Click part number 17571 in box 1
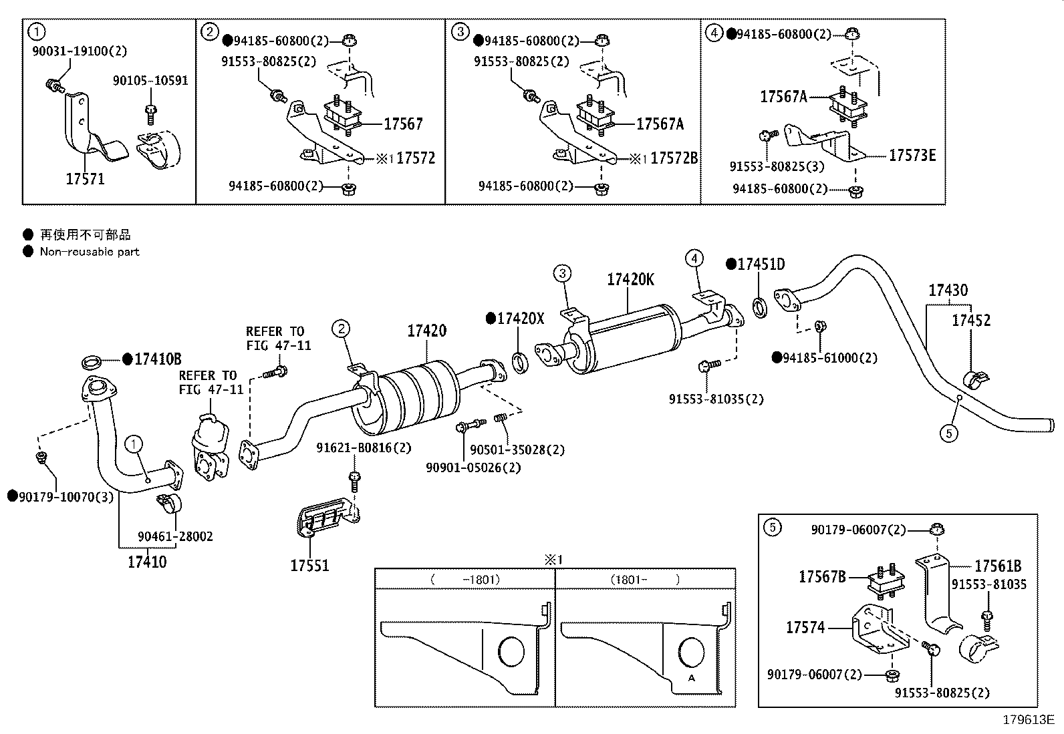tap(85, 179)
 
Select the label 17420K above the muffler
tap(630, 280)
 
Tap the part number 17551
tap(309, 566)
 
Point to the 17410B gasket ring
tap(92, 363)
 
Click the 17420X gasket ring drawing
tap(520, 362)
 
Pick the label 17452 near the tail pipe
tap(971, 321)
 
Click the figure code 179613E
tap(1028, 720)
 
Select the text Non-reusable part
tap(90, 252)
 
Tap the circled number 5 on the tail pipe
tap(948, 433)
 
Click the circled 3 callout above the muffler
tap(562, 273)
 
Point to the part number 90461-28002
tap(176, 536)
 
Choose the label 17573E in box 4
tap(912, 156)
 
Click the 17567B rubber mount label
tap(822, 576)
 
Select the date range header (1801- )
tap(644, 580)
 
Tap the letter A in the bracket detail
tap(692, 677)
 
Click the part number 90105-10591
tap(150, 81)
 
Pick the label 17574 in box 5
tap(805, 627)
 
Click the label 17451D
tap(761, 264)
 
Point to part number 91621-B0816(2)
tap(364, 448)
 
